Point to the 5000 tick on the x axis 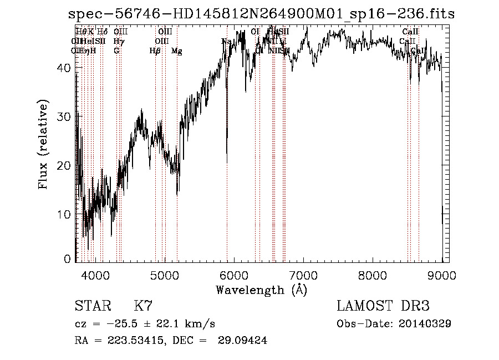click(165, 275)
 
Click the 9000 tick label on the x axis click(442, 275)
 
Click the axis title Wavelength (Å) click(261, 290)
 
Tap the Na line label click(226, 42)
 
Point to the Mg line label click(177, 51)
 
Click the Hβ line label click(155, 51)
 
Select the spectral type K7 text click(143, 306)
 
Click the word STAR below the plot click(92, 306)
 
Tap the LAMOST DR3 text click(383, 306)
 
